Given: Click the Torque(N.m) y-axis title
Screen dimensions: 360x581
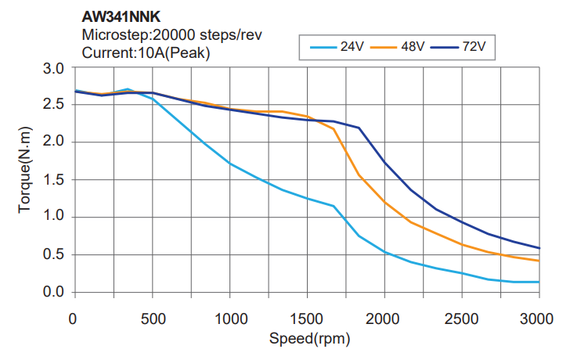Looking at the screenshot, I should click(25, 179).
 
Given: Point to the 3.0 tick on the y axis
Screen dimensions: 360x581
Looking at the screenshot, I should click(53, 69).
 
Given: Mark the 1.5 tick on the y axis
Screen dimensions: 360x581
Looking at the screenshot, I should click(53, 180).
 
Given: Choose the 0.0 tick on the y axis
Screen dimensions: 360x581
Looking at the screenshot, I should click(53, 293).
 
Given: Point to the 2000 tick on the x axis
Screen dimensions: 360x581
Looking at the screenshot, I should click(384, 319).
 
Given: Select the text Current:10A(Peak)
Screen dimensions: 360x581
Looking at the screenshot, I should click(146, 52).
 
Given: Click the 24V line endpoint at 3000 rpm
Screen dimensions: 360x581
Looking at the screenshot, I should click(539, 282).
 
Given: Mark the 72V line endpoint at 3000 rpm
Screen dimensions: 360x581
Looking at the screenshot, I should click(539, 248).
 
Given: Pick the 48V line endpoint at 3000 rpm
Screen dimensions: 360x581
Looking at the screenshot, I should click(539, 261).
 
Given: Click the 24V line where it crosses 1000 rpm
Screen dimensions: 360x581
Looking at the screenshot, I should click(229, 164).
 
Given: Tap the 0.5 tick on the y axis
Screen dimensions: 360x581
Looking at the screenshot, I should click(53, 255).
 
